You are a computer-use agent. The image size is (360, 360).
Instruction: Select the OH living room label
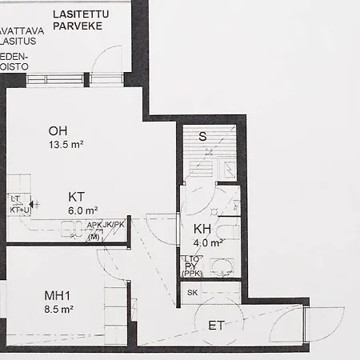[x=58, y=132]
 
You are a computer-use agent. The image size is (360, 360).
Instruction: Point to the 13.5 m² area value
[x=66, y=145]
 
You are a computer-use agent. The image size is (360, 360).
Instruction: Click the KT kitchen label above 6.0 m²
[x=77, y=196]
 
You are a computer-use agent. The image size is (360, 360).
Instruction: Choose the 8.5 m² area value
[x=58, y=308]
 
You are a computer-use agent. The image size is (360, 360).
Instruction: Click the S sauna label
[x=202, y=136]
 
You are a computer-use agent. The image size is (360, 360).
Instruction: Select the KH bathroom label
[x=202, y=230]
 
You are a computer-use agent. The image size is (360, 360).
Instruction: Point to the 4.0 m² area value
[x=206, y=243]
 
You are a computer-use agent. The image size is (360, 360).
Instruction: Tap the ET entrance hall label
[x=216, y=326]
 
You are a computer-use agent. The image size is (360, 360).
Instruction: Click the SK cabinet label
[x=192, y=293]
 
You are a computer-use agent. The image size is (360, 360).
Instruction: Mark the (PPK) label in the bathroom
[x=192, y=274]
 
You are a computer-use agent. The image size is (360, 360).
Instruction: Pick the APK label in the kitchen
[x=94, y=225]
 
